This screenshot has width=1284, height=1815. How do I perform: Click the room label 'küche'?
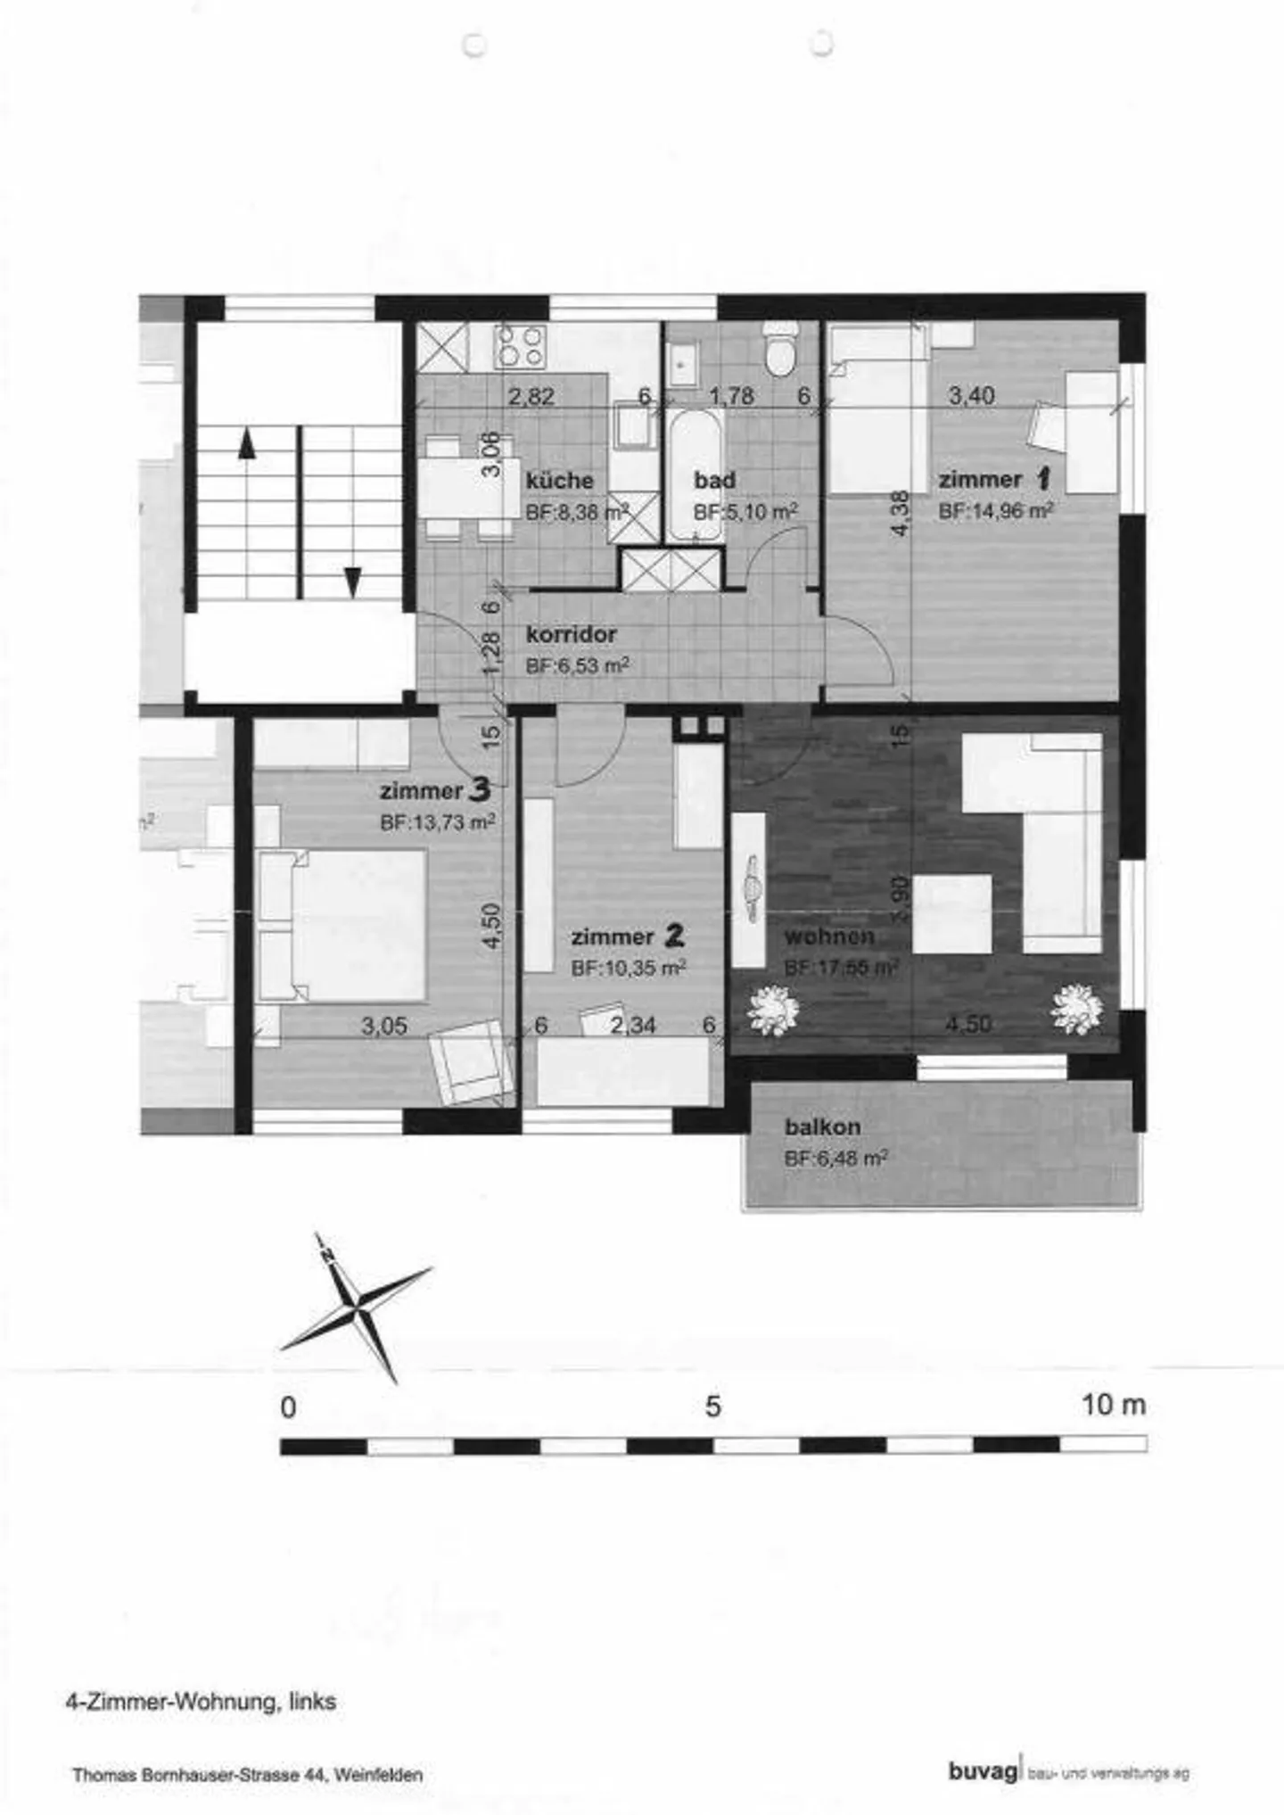(x=559, y=481)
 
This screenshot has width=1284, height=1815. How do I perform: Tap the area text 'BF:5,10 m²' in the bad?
(x=745, y=512)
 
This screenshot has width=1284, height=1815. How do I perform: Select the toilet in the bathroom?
(x=781, y=352)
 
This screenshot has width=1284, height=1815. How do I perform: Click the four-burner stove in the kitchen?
(x=521, y=346)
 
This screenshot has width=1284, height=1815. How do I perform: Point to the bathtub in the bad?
(x=695, y=475)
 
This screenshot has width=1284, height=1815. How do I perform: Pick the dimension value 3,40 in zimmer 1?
(x=971, y=396)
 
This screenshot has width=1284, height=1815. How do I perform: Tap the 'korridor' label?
(x=571, y=635)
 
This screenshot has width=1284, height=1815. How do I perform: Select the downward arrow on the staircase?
(x=353, y=582)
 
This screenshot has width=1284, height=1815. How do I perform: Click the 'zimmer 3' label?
(x=434, y=790)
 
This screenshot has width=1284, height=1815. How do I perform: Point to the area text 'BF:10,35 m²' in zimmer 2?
(x=628, y=968)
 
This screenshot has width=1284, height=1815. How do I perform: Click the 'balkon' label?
(x=822, y=1127)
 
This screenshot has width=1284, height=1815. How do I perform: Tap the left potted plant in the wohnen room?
(x=772, y=1011)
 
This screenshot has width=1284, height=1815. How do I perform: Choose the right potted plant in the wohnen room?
(x=1077, y=1009)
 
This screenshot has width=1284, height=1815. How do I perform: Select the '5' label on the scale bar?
(x=712, y=1407)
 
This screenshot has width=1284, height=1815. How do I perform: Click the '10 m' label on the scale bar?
(x=1113, y=1406)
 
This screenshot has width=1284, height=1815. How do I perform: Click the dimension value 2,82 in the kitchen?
(x=531, y=397)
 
